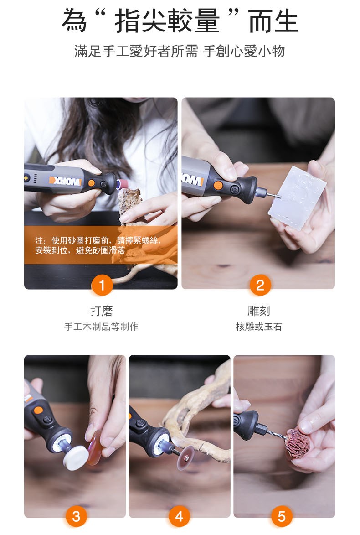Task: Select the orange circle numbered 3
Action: coord(76,516)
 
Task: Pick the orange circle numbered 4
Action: coord(180,516)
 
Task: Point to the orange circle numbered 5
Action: coord(282,516)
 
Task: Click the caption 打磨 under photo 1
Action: coord(102,311)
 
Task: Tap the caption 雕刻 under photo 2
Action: coord(259,311)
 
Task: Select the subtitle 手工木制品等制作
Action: coord(101,327)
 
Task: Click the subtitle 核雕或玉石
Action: coord(259,327)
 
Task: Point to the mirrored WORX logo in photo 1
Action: coord(66,181)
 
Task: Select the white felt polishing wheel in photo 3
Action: coord(76,457)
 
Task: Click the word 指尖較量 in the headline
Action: coord(167,21)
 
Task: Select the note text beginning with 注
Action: coord(97,245)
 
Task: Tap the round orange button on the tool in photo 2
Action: coord(218,186)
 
